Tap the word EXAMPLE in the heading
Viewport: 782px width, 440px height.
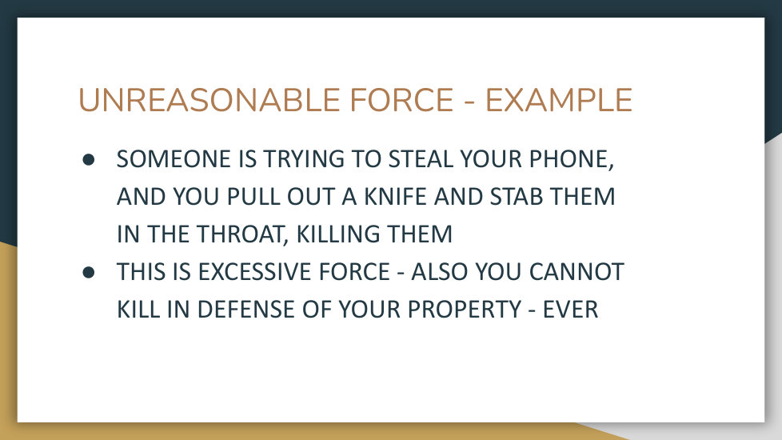click(559, 100)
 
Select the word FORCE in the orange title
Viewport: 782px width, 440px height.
click(401, 100)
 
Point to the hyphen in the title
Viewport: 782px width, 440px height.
click(469, 102)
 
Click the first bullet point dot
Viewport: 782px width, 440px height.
click(89, 160)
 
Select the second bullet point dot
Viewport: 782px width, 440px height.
click(89, 272)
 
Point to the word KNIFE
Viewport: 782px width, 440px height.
click(396, 197)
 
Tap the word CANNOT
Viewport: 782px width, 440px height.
click(577, 272)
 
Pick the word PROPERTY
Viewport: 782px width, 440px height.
click(465, 310)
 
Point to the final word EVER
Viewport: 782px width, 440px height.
click(571, 310)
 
